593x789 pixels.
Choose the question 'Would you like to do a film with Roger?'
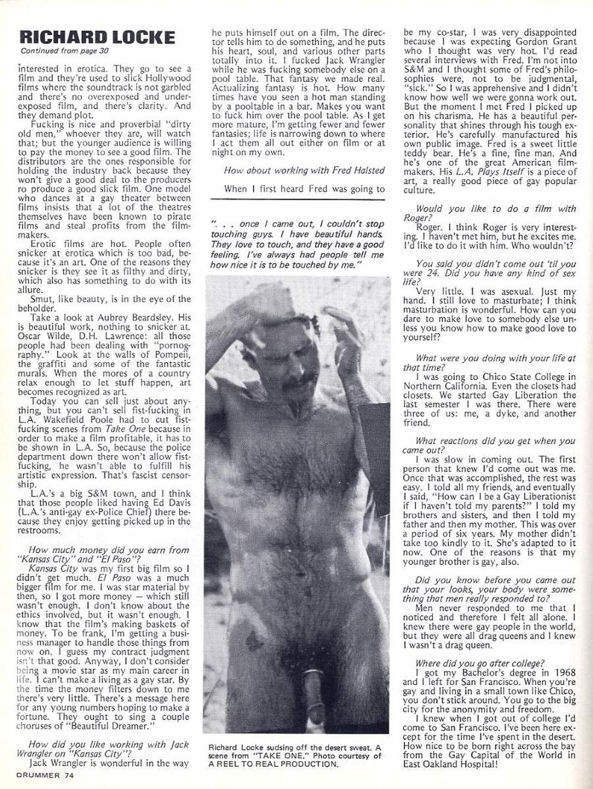pos(495,213)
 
